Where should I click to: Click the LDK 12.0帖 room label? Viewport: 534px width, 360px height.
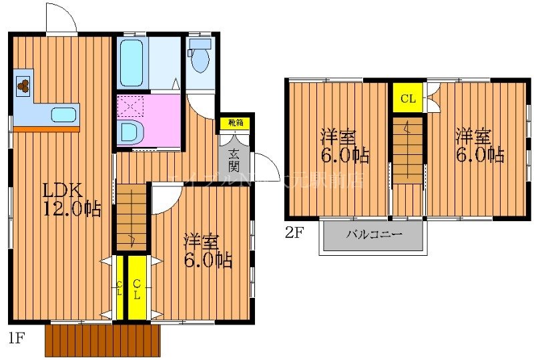72,199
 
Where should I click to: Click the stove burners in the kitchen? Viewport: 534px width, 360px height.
23,85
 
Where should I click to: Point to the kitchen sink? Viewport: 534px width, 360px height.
63,115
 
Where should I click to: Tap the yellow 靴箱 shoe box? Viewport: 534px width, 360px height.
236,122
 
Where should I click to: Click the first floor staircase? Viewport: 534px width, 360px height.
131,217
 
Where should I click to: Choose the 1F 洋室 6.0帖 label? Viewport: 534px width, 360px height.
208,250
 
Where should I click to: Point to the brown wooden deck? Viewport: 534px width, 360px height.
103,340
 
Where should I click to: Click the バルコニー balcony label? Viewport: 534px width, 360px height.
373,235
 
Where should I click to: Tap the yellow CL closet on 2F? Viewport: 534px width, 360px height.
408,100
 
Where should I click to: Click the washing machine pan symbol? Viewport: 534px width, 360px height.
129,106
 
